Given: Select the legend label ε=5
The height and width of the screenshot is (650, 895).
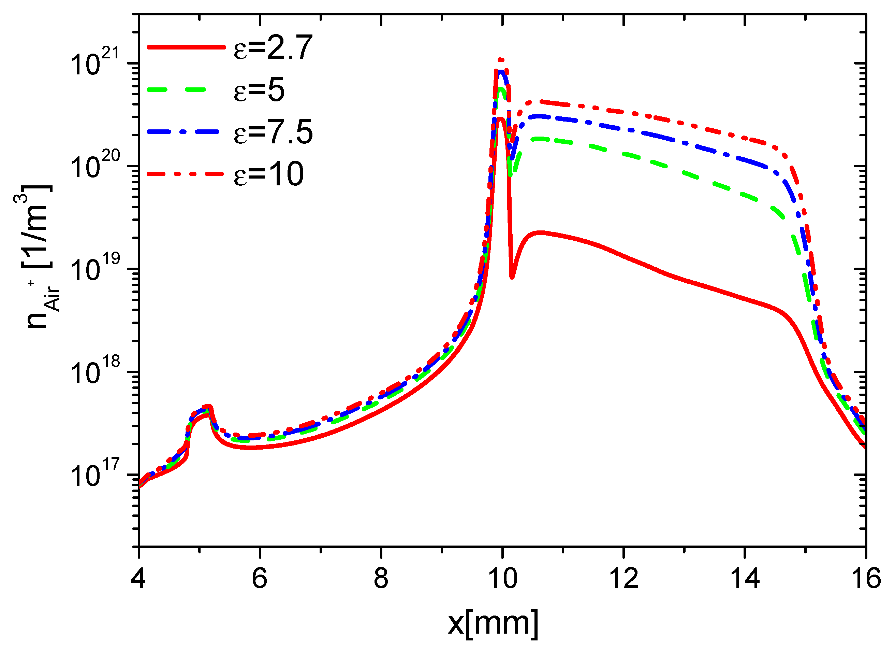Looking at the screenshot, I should coord(259,90).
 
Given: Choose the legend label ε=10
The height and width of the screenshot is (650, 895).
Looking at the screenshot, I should coord(269,174).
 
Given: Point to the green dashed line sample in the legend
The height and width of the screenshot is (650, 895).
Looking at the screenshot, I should coord(176,90).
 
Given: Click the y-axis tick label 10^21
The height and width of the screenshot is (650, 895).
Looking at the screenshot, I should coord(95,63).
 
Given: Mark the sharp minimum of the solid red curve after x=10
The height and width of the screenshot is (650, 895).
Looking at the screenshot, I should coord(512,277).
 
